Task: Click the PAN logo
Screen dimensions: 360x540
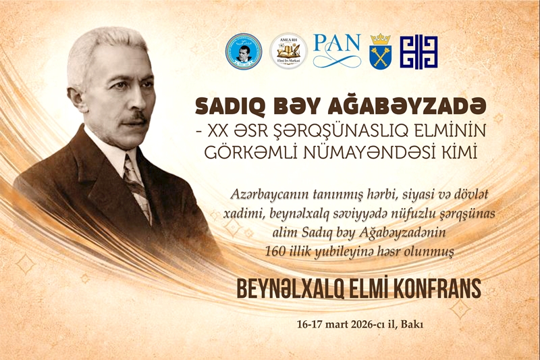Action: click(x=337, y=50)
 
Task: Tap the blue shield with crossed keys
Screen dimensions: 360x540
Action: click(x=380, y=52)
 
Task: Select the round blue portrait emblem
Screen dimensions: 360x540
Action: click(x=244, y=51)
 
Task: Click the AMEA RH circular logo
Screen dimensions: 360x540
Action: click(x=288, y=51)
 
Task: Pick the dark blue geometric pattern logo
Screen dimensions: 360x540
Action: click(x=418, y=52)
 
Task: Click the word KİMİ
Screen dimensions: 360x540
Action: click(x=455, y=153)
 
